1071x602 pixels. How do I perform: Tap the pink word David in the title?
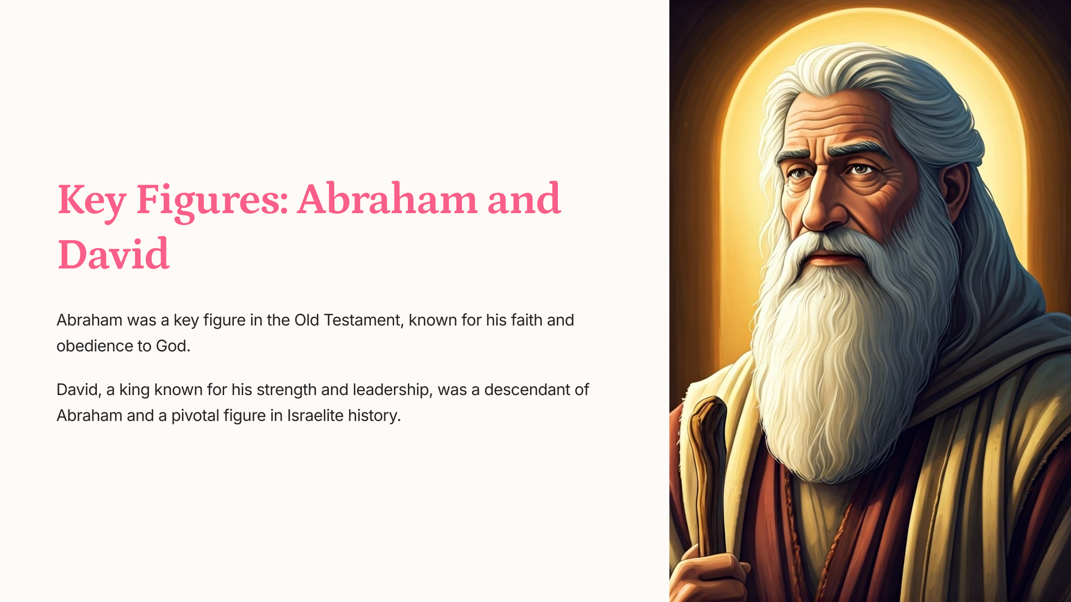pos(113,254)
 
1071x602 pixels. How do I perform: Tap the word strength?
pos(287,390)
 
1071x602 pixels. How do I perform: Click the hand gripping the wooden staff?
pos(709,578)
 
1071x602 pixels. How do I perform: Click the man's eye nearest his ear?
pos(860,169)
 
